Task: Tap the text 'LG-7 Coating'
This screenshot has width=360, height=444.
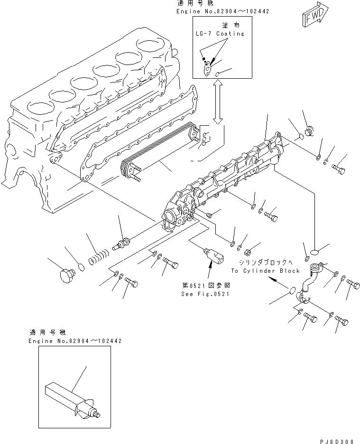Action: (220, 34)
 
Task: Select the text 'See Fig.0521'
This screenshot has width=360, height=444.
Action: (205, 294)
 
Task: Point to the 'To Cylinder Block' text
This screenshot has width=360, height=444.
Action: (265, 271)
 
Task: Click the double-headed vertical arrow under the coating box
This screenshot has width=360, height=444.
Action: (218, 102)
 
